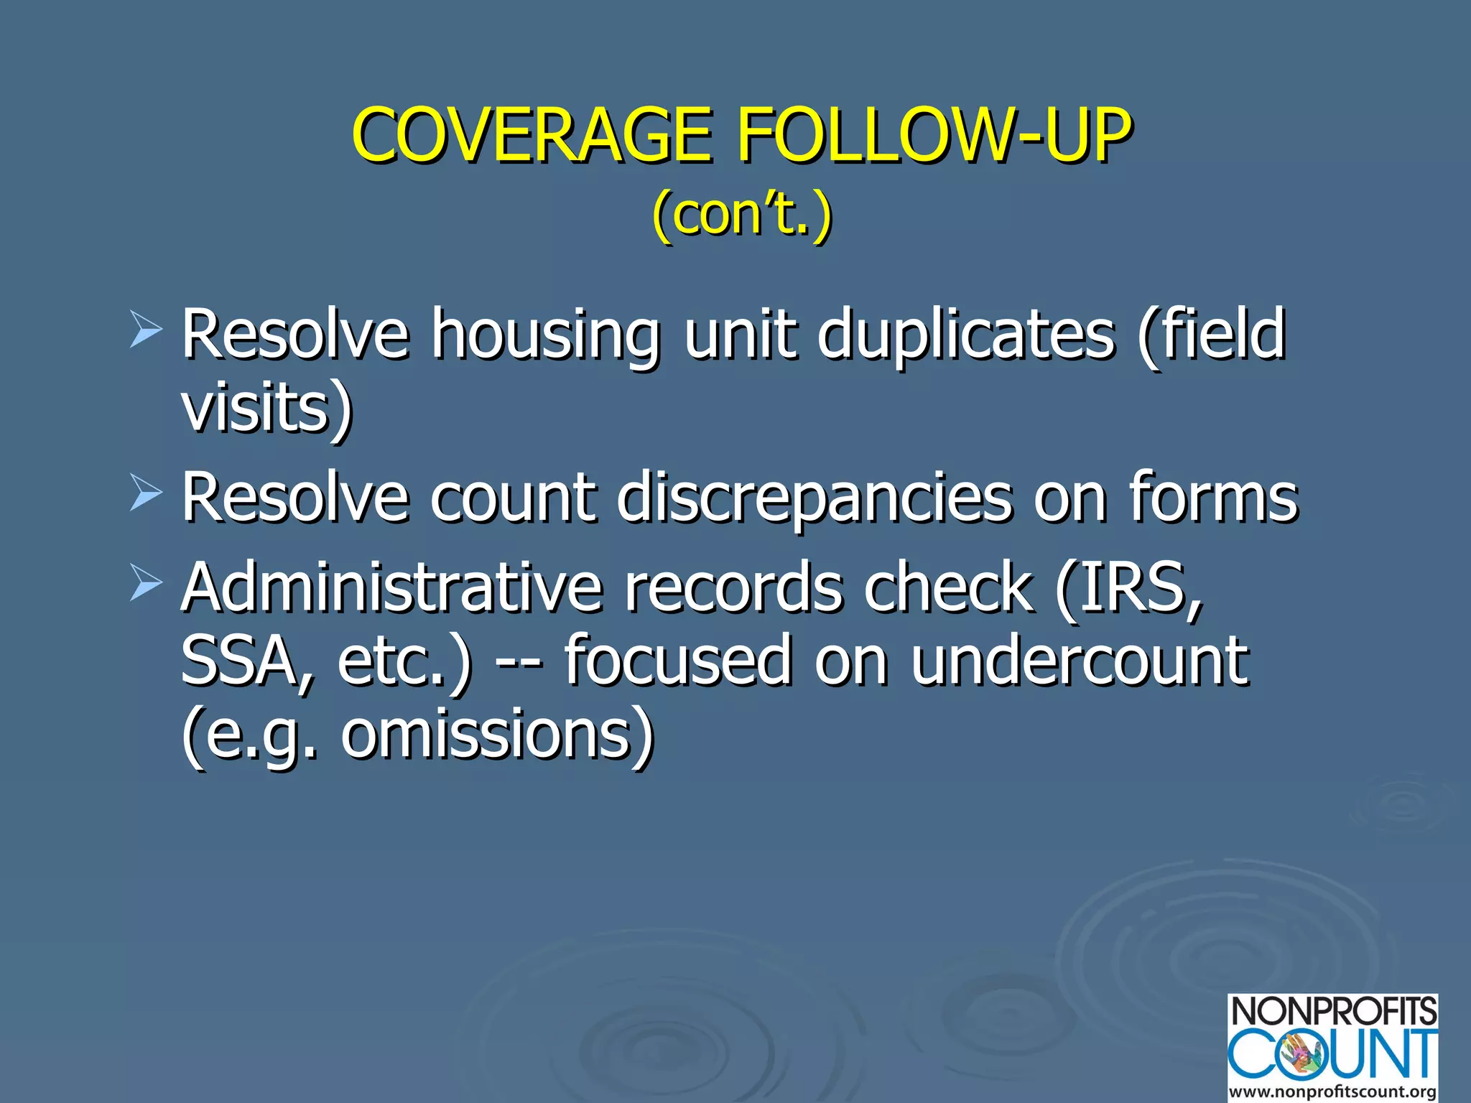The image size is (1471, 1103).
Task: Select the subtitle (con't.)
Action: tap(742, 213)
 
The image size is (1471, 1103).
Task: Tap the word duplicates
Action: tap(967, 333)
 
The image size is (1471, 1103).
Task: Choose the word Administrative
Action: tap(391, 587)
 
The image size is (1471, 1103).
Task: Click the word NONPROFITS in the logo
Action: tap(1333, 1011)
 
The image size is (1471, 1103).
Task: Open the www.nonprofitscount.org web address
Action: tap(1333, 1092)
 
